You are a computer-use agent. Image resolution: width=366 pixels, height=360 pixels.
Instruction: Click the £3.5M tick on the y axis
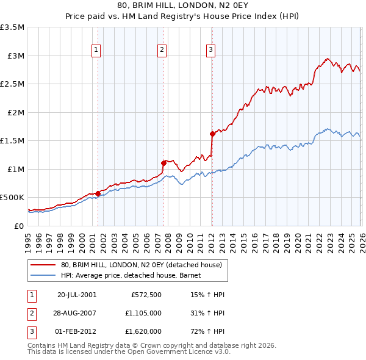pyautogui.click(x=13, y=27)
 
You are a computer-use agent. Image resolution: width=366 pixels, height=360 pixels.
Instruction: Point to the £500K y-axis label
pyautogui.click(x=13, y=198)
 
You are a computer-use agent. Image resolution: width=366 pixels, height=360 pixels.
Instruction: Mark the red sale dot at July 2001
pyautogui.click(x=98, y=193)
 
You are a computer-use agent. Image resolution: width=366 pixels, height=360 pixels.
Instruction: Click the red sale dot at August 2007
pyautogui.click(x=163, y=163)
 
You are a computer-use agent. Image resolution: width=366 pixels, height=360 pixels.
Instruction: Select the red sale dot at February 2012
pyautogui.click(x=212, y=134)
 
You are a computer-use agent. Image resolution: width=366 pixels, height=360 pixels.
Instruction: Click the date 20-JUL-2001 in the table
pyautogui.click(x=77, y=294)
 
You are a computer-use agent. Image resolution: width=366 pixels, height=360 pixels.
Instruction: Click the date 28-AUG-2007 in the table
pyautogui.click(x=77, y=313)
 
